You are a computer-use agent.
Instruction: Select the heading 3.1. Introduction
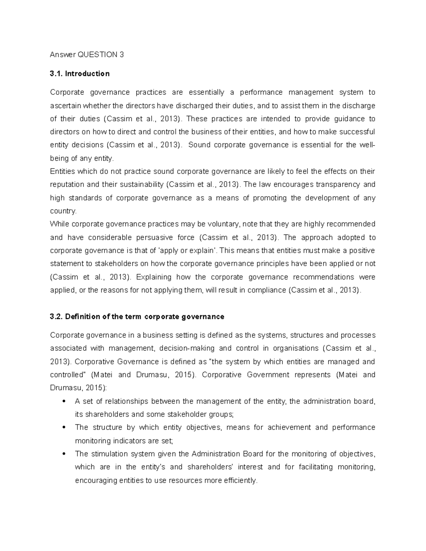click(x=80, y=74)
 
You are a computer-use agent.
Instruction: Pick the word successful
click(x=356, y=132)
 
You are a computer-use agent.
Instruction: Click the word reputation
click(x=66, y=184)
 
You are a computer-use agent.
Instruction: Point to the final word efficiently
click(x=240, y=481)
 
